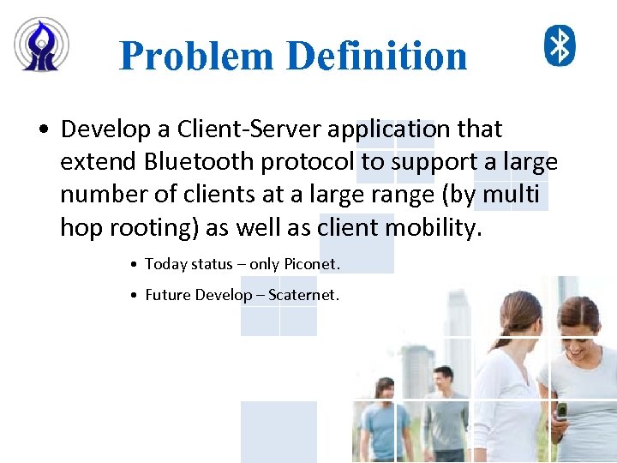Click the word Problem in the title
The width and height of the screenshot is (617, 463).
[x=196, y=57]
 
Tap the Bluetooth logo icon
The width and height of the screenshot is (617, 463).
[x=560, y=45]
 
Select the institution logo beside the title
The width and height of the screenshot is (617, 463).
[x=41, y=44]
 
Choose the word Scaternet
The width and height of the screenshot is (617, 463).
[x=303, y=295]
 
